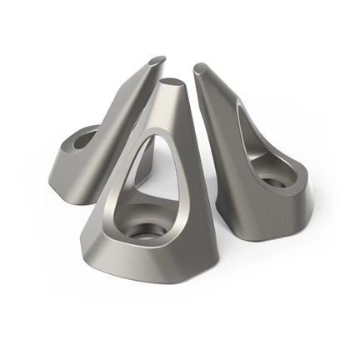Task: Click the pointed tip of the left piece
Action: [158, 59]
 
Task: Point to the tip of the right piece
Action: [200, 67]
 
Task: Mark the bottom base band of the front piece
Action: [158, 262]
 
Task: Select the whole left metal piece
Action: [96, 142]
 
